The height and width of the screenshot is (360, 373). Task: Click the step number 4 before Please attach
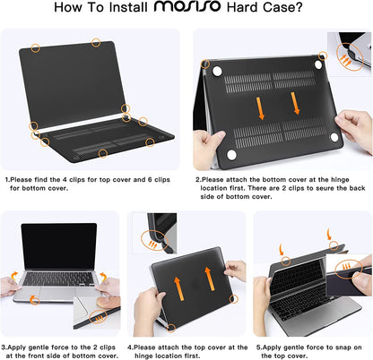[x=129, y=346]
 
